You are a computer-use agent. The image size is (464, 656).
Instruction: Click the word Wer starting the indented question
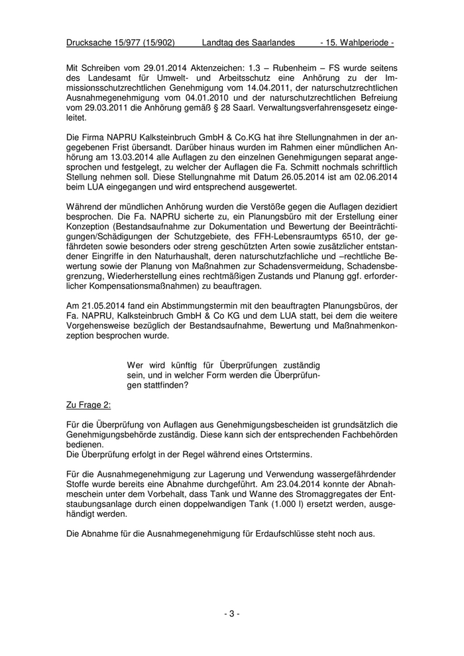pyautogui.click(x=135, y=364)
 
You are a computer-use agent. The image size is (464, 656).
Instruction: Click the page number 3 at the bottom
pyautogui.click(x=232, y=614)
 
